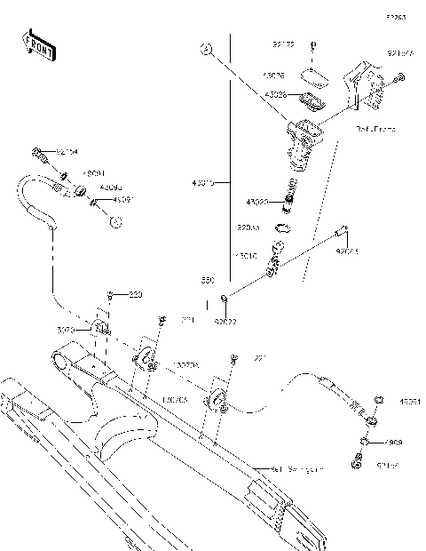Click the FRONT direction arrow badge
(x=39, y=44)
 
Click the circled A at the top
(x=205, y=50)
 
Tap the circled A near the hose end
(x=114, y=222)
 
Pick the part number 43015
(x=203, y=183)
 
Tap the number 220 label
(x=135, y=294)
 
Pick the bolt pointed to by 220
(x=109, y=295)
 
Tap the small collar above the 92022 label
(x=225, y=297)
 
